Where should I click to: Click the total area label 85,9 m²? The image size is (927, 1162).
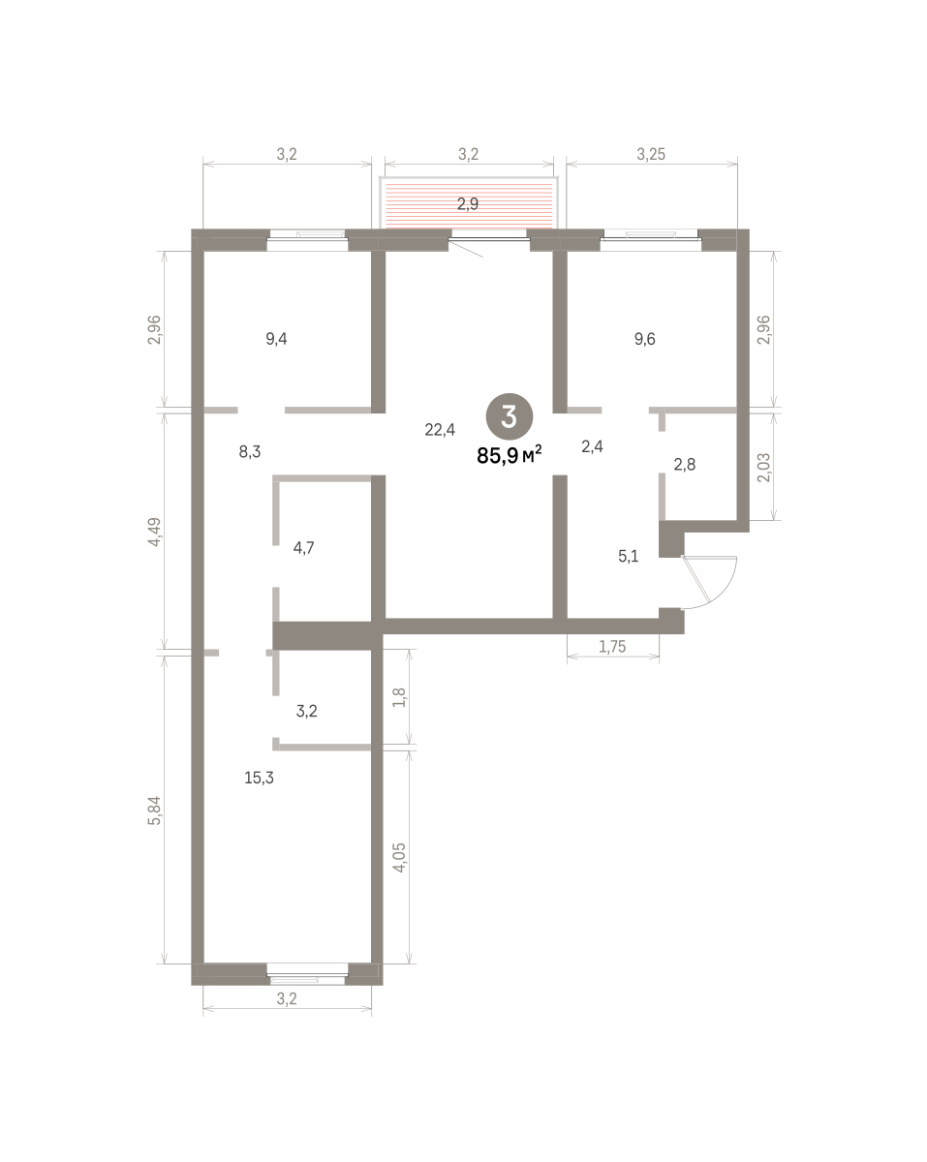pos(509,455)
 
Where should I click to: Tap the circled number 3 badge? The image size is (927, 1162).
pos(510,416)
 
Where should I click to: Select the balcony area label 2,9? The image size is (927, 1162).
pos(468,203)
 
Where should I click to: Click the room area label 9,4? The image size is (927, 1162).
pos(276,339)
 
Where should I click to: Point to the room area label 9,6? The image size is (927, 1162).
pos(644,339)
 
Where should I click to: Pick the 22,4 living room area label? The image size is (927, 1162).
pos(440,430)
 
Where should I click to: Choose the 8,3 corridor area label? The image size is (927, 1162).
pos(250,452)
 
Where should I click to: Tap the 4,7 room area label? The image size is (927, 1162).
pos(303,548)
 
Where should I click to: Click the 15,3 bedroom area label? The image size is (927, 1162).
pos(259,779)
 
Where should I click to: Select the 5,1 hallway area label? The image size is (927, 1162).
pos(629,556)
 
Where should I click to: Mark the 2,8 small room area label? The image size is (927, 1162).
pos(685,465)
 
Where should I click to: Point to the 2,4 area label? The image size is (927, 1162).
pos(592,446)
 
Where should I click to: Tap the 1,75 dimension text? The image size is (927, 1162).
pos(612,646)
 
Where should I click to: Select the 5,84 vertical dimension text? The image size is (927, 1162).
pos(155,810)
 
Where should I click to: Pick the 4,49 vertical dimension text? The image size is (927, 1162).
pos(155,532)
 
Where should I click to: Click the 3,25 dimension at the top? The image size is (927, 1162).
pos(651,154)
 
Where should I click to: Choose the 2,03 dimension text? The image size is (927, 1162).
pos(764,468)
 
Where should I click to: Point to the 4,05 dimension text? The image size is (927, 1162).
pos(400,858)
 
